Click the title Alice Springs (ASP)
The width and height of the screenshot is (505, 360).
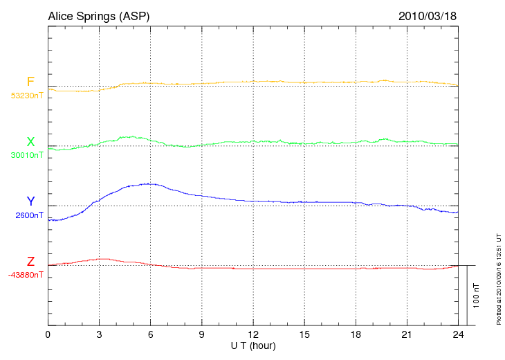98,15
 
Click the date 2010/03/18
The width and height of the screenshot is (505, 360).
428,15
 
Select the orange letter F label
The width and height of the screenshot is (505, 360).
30,82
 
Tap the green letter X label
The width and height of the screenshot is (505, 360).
30,142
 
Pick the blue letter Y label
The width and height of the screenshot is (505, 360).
30,201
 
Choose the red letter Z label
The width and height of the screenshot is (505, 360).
30,262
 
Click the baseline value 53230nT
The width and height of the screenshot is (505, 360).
27,96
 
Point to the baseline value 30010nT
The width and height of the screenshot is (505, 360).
27,155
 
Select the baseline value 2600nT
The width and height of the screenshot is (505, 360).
30,215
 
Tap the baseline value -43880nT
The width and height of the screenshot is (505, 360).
26,275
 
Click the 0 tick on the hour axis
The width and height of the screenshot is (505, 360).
48,334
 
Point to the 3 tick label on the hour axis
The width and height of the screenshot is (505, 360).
99,334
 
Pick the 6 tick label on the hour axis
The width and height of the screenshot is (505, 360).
150,334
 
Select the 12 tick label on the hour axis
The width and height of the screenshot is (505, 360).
253,334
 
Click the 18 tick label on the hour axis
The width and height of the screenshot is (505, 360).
356,334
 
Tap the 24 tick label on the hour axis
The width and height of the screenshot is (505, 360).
458,334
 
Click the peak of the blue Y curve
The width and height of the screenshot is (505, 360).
149,183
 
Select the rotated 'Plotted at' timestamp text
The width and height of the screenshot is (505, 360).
498,277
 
